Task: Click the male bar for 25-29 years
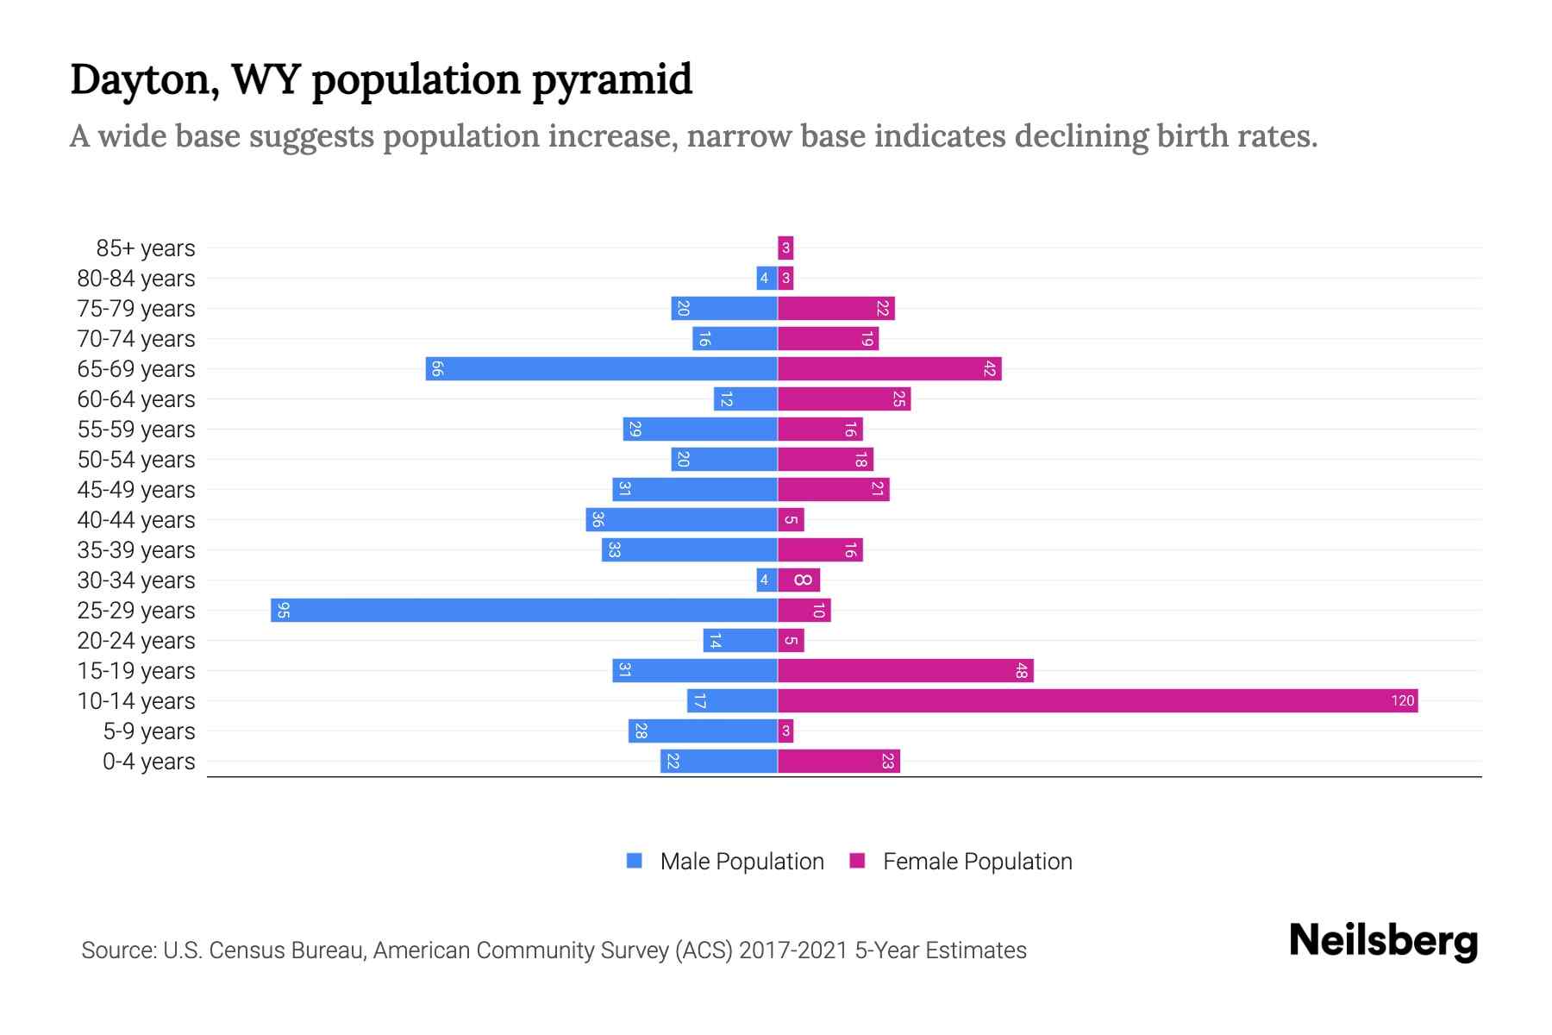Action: (524, 610)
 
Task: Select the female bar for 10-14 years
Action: (1097, 700)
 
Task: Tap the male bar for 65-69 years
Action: (602, 368)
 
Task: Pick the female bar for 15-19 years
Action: (905, 670)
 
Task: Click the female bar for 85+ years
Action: (785, 248)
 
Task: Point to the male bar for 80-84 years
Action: (767, 278)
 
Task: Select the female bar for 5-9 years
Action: (785, 731)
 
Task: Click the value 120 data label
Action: (1402, 700)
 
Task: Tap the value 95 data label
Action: (284, 610)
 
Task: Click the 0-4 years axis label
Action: (148, 762)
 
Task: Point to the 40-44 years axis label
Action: (136, 520)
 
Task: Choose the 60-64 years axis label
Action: (136, 399)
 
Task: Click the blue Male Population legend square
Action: (635, 861)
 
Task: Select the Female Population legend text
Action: (977, 861)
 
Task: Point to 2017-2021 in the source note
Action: (792, 950)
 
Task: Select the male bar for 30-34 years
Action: (767, 580)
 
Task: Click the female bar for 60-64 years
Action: (844, 398)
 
